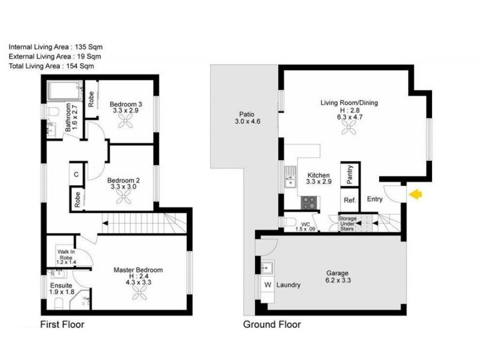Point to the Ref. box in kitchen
tap(350, 200)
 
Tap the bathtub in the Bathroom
tap(65, 92)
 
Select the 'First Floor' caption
tap(62, 325)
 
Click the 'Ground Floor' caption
tap(271, 325)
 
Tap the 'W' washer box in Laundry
tap(268, 285)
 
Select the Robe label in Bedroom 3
tap(91, 98)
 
